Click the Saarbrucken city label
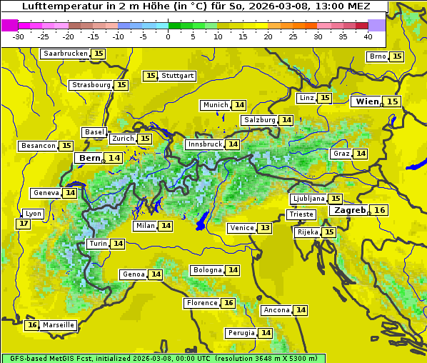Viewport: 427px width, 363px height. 66,54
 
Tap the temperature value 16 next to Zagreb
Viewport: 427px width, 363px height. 380,210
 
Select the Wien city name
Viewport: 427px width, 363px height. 367,101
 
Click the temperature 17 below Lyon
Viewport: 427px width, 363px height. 24,224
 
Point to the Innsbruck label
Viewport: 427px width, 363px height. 205,144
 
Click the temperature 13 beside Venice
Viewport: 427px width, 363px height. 265,228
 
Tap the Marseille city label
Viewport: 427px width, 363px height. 58,325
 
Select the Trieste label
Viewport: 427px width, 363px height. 301,214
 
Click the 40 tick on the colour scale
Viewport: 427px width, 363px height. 368,36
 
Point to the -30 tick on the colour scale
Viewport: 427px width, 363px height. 19,36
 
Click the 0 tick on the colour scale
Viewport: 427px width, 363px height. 168,36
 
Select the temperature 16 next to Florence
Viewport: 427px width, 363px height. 228,303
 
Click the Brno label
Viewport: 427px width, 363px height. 377,56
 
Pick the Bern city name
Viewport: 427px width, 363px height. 90,158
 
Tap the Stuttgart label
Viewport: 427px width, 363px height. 178,76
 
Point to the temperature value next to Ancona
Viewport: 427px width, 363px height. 301,310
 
